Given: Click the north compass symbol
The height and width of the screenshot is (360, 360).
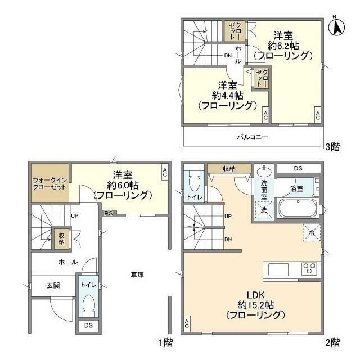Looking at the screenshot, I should click(337, 26).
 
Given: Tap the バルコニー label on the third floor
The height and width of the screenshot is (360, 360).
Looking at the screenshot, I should click(251, 137).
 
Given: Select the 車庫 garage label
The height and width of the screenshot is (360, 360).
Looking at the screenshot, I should click(137, 275).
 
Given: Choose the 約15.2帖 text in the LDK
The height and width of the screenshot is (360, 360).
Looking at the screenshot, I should click(255, 305).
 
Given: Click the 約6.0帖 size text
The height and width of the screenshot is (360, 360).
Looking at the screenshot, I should click(122, 184).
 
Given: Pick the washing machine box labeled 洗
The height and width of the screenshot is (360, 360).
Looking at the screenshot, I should click(263, 209).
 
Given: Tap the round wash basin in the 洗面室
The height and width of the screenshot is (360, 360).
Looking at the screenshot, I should click(263, 170).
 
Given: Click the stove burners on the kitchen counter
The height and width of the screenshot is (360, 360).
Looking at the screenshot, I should click(309, 269).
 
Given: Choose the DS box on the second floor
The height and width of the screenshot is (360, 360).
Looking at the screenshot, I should click(298, 168).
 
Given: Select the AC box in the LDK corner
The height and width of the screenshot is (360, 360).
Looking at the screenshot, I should click(186, 323).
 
